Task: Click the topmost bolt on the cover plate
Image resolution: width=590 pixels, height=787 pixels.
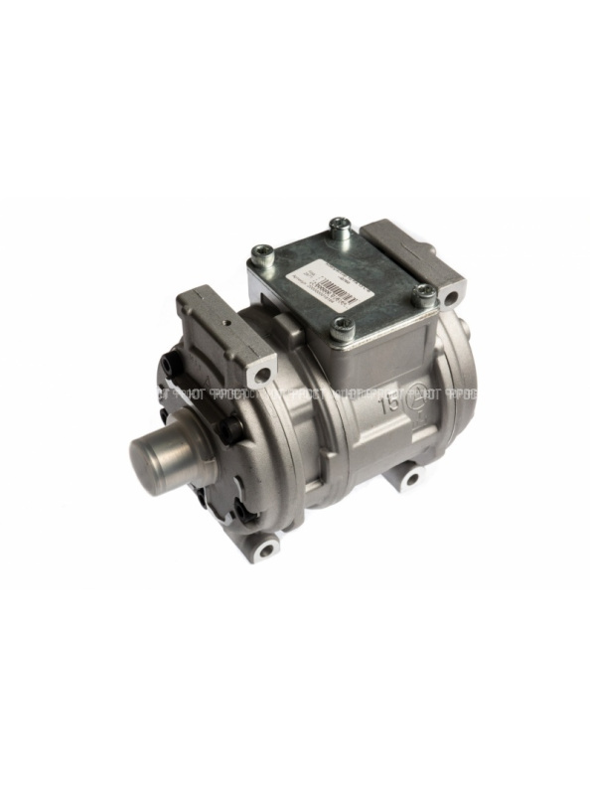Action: (x=341, y=228)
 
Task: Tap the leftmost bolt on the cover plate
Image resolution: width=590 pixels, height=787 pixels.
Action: (x=262, y=252)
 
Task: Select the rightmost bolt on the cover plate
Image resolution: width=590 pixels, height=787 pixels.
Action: (x=424, y=294)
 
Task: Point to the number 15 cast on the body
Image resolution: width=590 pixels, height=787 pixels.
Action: (x=390, y=405)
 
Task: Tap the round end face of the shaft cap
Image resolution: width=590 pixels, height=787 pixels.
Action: (x=149, y=456)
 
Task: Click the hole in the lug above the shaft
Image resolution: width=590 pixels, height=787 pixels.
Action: (x=262, y=375)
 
